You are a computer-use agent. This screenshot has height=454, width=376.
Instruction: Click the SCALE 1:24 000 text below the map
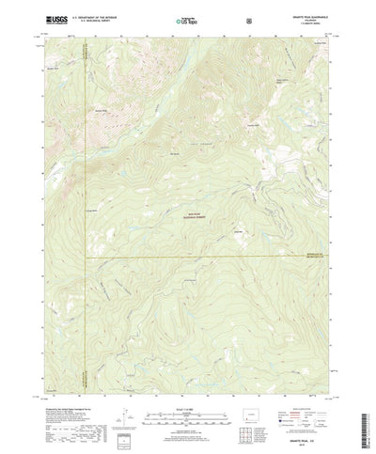click(184, 378)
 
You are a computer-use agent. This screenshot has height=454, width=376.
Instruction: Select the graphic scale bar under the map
click(184, 387)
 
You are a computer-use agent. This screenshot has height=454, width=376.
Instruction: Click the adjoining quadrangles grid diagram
click(259, 411)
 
